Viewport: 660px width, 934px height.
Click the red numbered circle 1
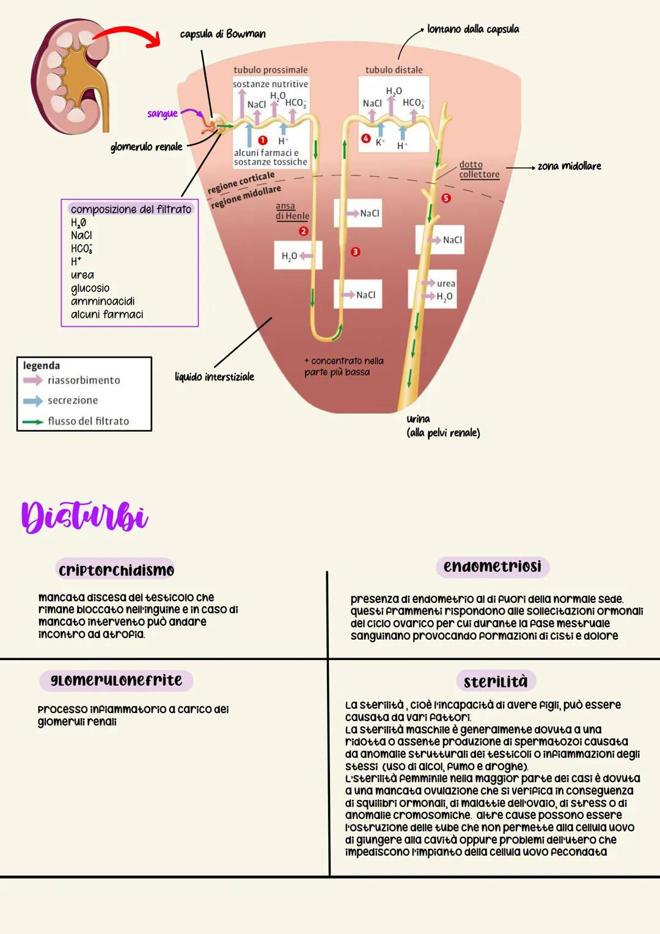pyautogui.click(x=263, y=140)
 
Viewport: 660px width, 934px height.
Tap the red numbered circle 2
pyautogui.click(x=303, y=231)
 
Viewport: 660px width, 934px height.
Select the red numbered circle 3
pyautogui.click(x=355, y=251)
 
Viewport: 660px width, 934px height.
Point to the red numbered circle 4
pyautogui.click(x=365, y=139)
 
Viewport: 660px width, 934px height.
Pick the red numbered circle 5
pyautogui.click(x=446, y=198)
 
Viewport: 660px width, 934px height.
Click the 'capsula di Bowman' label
pyautogui.click(x=222, y=34)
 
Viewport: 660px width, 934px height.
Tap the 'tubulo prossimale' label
pyautogui.click(x=270, y=70)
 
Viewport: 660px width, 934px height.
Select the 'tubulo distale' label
pyautogui.click(x=394, y=70)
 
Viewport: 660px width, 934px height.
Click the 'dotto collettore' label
pyautogui.click(x=479, y=169)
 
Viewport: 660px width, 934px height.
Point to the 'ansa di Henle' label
pyautogui.click(x=291, y=211)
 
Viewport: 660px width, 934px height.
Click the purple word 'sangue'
pyautogui.click(x=162, y=114)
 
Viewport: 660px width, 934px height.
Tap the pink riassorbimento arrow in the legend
pyautogui.click(x=33, y=380)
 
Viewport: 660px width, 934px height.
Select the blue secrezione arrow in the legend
pyautogui.click(x=33, y=401)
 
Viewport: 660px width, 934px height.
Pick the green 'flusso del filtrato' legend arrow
pyautogui.click(x=33, y=421)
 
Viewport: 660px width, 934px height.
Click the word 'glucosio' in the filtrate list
pyautogui.click(x=90, y=288)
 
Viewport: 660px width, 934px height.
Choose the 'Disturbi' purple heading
pyautogui.click(x=84, y=517)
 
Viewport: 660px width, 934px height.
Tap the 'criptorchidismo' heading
pyautogui.click(x=116, y=571)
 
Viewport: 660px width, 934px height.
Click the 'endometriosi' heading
pyautogui.click(x=492, y=567)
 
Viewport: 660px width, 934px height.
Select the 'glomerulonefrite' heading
pyautogui.click(x=116, y=681)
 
